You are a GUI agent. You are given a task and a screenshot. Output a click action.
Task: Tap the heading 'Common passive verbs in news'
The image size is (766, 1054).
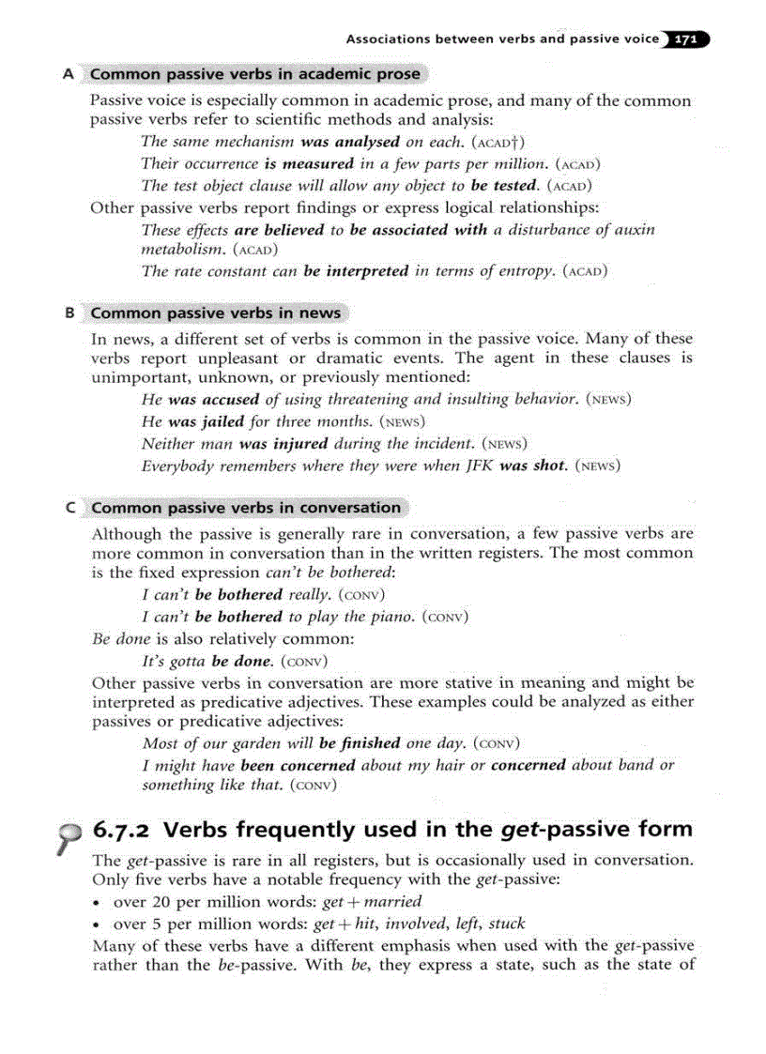pyautogui.click(x=216, y=313)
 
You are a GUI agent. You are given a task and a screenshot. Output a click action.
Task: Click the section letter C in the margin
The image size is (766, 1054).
pyautogui.click(x=70, y=508)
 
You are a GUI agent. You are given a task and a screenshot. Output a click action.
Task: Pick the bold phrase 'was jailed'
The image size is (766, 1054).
pyautogui.click(x=205, y=421)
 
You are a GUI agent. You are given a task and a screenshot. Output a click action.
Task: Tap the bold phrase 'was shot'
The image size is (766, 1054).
pyautogui.click(x=533, y=465)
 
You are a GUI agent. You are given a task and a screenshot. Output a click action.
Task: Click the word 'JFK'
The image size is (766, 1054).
pyautogui.click(x=476, y=465)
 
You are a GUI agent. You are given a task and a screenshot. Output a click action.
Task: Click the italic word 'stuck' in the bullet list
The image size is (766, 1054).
pyautogui.click(x=507, y=924)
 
